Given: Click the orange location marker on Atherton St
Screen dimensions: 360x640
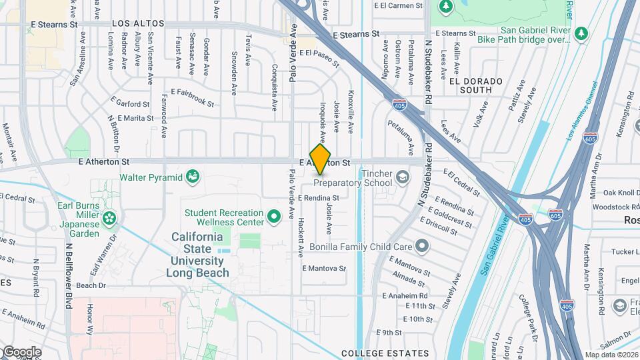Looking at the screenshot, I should (x=321, y=159).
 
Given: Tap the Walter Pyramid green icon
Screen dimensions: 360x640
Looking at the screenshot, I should (x=193, y=177).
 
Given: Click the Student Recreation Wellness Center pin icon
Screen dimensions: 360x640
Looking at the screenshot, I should (x=273, y=217).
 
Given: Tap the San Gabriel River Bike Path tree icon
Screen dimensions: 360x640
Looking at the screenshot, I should (x=581, y=32).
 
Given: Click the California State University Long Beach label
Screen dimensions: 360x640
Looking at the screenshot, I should (x=197, y=255).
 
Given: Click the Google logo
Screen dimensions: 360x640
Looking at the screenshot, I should (x=21, y=352).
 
